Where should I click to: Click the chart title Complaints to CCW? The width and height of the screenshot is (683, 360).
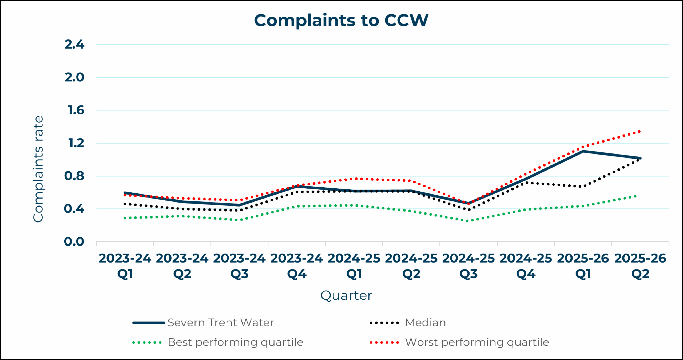[x=341, y=20]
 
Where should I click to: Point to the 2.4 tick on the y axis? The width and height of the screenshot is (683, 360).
[x=74, y=44]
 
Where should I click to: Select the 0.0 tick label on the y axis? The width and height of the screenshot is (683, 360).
[x=74, y=242]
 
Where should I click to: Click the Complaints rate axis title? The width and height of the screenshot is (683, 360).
[x=38, y=169]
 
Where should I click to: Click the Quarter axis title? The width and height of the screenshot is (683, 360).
[x=346, y=295]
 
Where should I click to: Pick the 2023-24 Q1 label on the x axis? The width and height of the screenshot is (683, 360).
[x=125, y=266]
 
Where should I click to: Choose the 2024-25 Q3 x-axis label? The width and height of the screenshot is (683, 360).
[x=468, y=266]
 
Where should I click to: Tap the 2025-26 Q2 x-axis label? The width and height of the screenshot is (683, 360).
[x=640, y=266]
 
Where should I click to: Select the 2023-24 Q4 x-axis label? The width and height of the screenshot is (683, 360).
[x=297, y=266]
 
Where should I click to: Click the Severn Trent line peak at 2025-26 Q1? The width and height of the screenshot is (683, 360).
[x=583, y=151]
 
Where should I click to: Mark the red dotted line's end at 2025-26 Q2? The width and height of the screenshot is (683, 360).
[x=640, y=132]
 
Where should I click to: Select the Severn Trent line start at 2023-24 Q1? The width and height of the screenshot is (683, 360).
[x=125, y=192]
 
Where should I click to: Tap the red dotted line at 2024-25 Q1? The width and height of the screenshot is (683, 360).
[x=354, y=179]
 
